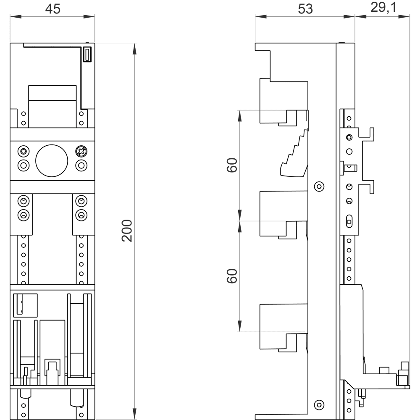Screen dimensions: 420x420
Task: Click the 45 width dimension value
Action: tap(53, 9)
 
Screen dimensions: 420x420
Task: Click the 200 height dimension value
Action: tap(127, 231)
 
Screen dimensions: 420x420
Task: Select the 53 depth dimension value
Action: tap(305, 9)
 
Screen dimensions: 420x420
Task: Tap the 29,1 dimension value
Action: tap(383, 8)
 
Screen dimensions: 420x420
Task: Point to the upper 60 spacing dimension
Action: tap(232, 165)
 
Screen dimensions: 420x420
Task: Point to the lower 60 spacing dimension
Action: tap(232, 276)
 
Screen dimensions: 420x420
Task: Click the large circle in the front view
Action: tap(52, 161)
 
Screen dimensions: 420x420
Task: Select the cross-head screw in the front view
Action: tap(81, 152)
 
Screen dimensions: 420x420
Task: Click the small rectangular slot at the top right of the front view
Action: tap(87, 54)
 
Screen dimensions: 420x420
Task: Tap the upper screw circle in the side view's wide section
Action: tap(319, 186)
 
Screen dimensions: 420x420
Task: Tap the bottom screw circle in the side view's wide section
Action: tap(319, 405)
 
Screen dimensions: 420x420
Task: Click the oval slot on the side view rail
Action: tap(349, 221)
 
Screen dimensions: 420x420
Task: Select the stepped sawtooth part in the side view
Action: tap(294, 153)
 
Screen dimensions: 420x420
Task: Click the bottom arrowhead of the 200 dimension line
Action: tap(134, 414)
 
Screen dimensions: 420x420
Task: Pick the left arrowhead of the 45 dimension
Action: tap(16, 17)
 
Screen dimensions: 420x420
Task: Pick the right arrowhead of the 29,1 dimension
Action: tap(404, 17)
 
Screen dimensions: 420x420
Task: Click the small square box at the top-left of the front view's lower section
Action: tap(26, 305)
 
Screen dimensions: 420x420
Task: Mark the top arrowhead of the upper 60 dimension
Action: tap(240, 116)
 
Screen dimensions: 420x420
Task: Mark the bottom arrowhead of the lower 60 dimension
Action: tap(240, 326)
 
